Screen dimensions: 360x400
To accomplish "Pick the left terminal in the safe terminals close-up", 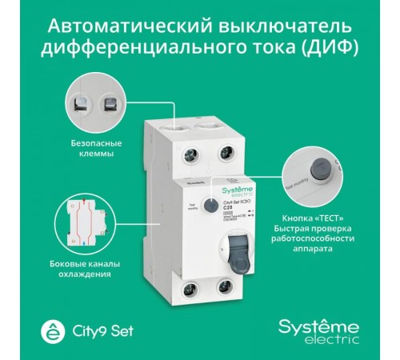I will coord(81,103).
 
